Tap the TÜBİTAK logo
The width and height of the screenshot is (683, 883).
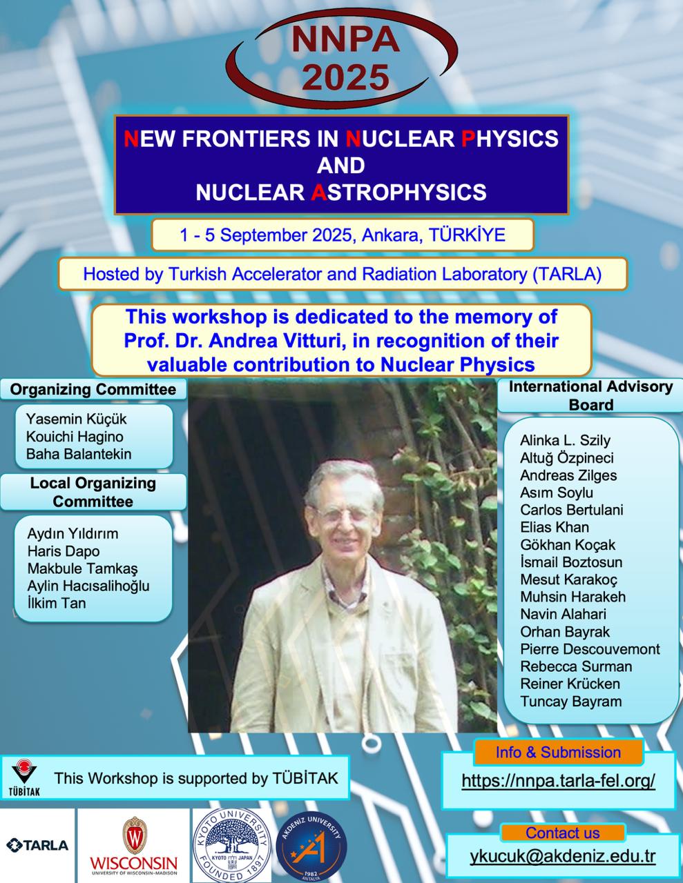(x=24, y=777)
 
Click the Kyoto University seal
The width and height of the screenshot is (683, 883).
(x=232, y=845)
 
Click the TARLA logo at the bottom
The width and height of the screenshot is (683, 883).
(x=37, y=846)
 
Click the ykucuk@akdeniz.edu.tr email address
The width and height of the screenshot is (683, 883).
(x=563, y=857)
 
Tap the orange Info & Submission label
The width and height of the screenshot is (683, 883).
(x=558, y=753)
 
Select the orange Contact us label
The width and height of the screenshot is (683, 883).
(x=563, y=833)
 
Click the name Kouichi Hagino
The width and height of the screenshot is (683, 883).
(x=75, y=437)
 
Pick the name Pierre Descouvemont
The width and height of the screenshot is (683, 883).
(x=590, y=649)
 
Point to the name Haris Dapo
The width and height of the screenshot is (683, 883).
(x=64, y=551)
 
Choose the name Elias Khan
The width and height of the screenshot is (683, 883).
(x=555, y=528)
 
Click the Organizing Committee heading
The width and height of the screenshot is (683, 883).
(x=93, y=389)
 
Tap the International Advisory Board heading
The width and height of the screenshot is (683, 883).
(x=590, y=396)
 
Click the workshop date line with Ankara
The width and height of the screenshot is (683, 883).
(x=343, y=235)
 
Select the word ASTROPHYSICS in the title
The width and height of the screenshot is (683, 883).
(x=398, y=192)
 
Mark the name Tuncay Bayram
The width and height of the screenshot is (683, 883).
(x=570, y=702)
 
